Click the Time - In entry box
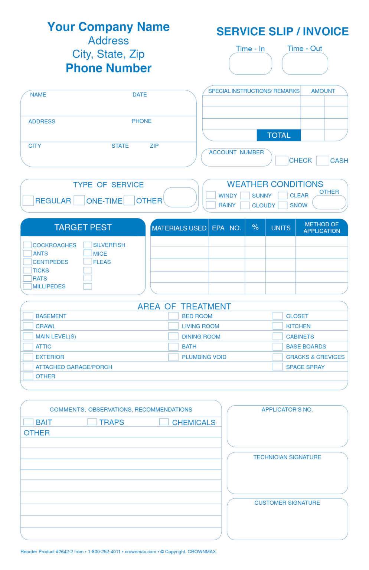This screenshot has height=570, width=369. point(250,64)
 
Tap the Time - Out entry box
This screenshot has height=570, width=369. point(305,64)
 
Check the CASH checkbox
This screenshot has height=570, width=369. point(322,160)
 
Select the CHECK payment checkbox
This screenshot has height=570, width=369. point(281,160)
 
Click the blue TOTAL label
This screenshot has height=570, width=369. point(278,135)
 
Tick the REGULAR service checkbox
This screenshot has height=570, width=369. point(28,200)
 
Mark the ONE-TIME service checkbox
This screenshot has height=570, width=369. point(79,200)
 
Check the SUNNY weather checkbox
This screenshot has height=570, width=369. point(245,196)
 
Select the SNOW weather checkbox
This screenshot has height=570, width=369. point(283,205)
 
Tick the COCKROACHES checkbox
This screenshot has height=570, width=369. point(27,245)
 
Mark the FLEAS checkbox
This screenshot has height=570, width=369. point(88,262)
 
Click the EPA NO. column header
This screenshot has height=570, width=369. point(226,228)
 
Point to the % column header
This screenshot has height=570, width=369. point(255,227)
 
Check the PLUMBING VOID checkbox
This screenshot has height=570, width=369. point(173,357)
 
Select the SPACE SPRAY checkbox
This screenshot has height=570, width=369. point(278,367)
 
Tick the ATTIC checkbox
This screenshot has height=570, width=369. point(28,347)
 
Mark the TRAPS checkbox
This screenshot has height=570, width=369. point(92,422)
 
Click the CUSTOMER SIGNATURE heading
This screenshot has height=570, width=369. point(287,503)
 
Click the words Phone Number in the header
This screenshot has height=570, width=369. point(108,68)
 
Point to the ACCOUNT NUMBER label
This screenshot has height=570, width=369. point(236,153)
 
